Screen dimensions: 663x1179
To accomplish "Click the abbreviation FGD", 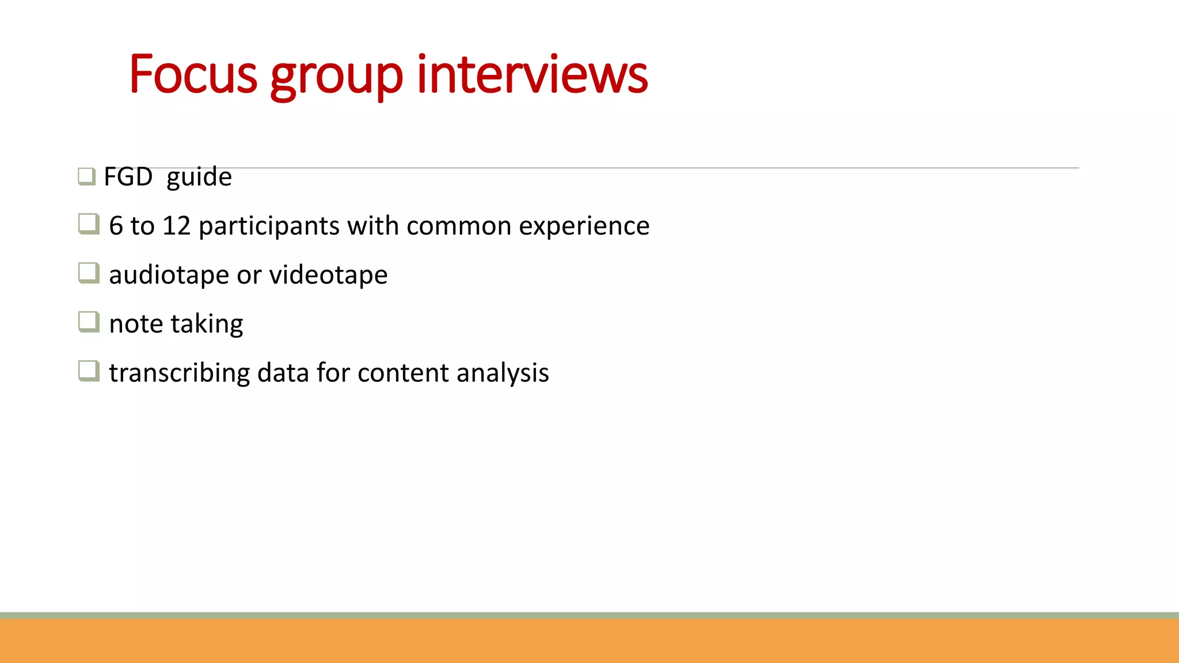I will point(128,177).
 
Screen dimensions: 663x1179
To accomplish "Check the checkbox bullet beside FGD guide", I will point(86,176).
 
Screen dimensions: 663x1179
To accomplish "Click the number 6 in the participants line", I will point(116,226).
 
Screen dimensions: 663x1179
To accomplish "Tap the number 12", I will point(176,226).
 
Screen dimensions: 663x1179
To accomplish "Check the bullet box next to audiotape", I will point(89,273).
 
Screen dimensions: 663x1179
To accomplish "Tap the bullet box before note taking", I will point(89,322).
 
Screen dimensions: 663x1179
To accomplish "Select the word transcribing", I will point(180,374).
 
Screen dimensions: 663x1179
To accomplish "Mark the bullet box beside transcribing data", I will point(89,371).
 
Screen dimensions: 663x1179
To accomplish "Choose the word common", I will point(459,226).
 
